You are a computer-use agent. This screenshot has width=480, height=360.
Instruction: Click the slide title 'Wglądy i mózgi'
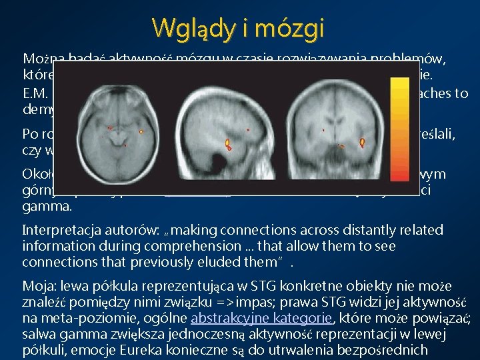pos(238,28)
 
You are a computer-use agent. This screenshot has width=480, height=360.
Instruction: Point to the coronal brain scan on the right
pos(343,124)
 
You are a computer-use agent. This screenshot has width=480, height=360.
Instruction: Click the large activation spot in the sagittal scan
pos(227,143)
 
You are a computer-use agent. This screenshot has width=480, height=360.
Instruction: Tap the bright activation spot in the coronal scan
pos(362,142)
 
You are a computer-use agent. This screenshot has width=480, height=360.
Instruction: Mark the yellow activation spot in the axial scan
pos(141,132)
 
